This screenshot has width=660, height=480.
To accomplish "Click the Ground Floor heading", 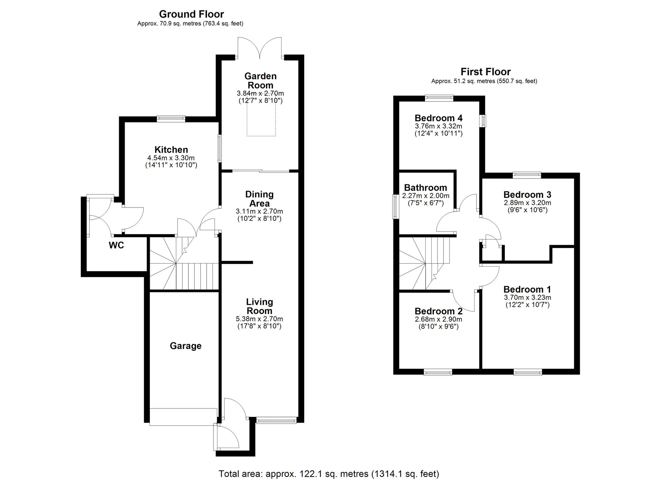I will (191, 14).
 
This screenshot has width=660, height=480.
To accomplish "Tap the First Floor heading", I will (485, 72).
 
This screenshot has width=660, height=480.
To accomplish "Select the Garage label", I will (185, 346).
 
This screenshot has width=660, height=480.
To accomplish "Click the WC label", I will (116, 245).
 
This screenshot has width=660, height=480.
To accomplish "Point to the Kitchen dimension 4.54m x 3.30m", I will (171, 158).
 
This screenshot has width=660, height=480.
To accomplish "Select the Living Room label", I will (259, 306).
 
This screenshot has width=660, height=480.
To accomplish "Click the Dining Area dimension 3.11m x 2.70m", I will (259, 211).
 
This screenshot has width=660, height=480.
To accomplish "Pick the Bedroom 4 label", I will (438, 118).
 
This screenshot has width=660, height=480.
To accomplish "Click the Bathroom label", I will (425, 187).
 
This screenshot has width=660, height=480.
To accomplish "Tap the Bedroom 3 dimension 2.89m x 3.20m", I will (527, 203).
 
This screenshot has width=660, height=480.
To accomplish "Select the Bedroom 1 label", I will (527, 289).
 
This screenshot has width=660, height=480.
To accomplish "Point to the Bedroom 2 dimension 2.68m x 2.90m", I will (438, 319).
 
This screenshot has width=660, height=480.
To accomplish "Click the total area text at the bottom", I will (329, 474).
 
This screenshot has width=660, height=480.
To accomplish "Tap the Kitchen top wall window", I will (171, 118).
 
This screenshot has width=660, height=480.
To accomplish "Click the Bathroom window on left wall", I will (395, 207).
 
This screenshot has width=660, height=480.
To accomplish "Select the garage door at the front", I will (183, 417).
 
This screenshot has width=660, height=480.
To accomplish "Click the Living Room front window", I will (276, 420).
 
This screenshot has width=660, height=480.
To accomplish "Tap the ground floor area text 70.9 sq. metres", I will (190, 24).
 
